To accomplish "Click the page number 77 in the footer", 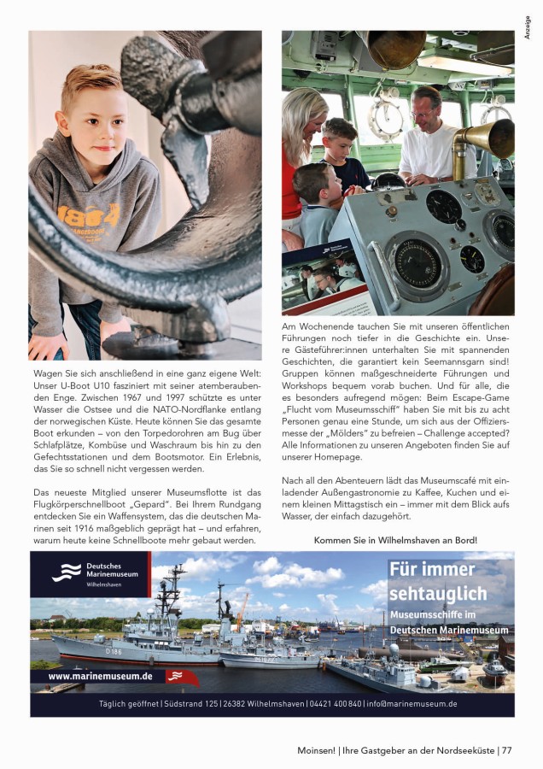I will [x=506, y=750].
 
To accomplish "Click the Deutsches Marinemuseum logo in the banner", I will [x=90, y=572].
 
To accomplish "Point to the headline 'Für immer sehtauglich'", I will [x=438, y=582].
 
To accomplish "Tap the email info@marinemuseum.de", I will [x=412, y=704].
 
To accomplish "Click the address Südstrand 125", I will [x=187, y=704].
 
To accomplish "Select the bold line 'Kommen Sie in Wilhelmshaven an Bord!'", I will [x=395, y=540].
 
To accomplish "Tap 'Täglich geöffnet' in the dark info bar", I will [x=127, y=704].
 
